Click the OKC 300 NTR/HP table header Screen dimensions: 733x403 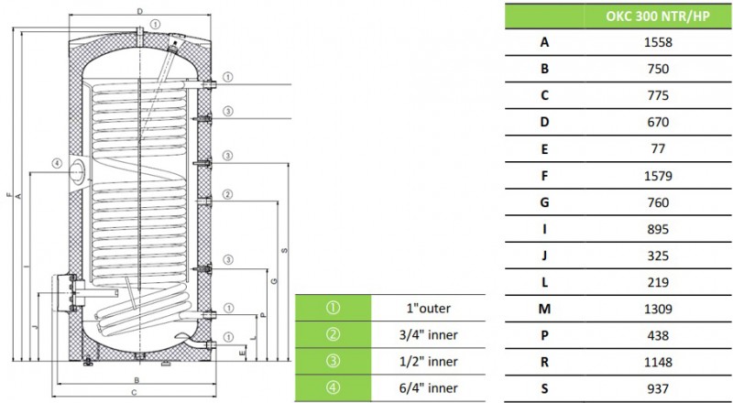point(658,16)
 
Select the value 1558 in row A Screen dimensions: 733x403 point(658,42)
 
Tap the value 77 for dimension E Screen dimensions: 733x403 point(658,148)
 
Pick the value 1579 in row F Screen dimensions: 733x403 point(658,176)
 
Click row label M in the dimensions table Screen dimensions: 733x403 point(544,309)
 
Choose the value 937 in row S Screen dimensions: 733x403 point(658,388)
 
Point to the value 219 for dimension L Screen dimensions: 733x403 point(658,282)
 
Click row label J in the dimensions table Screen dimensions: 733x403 point(544,256)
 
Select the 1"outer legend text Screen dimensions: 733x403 point(428,309)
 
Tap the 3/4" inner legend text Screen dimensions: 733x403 point(428,335)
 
